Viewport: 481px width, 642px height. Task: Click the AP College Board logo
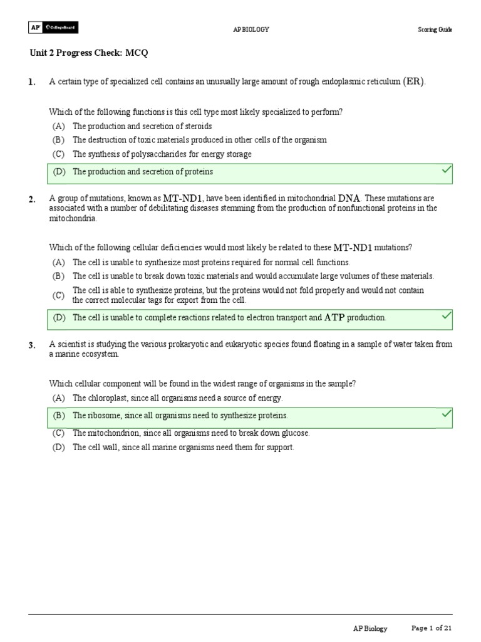tap(53, 28)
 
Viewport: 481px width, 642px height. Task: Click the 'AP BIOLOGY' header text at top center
tap(251, 29)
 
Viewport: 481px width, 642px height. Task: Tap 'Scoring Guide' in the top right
tap(435, 29)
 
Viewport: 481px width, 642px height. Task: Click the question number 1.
tap(31, 82)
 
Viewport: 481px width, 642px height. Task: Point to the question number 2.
tap(31, 199)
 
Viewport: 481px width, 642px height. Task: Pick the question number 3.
tap(31, 345)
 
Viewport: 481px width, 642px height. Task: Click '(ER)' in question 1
tap(414, 82)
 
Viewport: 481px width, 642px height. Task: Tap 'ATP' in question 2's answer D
tap(334, 318)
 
